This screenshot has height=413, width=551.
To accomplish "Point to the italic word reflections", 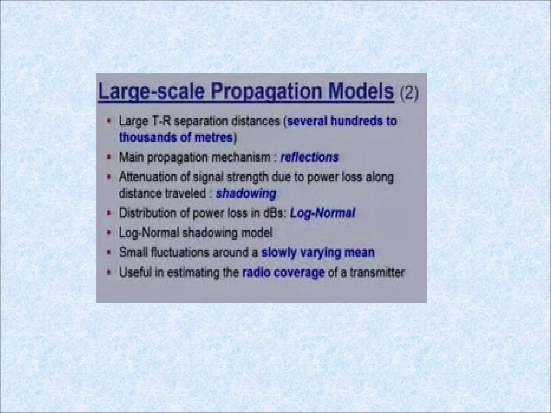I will point(309,157).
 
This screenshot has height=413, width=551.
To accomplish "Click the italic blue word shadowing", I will point(246,194).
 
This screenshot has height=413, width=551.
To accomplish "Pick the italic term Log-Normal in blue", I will point(322,213).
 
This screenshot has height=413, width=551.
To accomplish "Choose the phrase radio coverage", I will point(283,273).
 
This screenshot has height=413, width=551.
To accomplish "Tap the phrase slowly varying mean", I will point(318,252).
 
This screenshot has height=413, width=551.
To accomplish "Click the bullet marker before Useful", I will point(109,273).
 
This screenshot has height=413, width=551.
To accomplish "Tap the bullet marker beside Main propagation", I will point(109,157).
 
